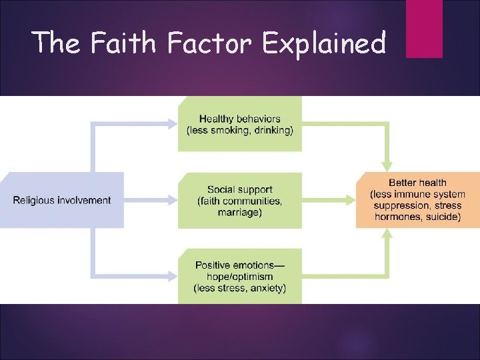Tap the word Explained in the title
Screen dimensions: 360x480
point(324,44)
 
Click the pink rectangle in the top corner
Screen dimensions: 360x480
point(424,28)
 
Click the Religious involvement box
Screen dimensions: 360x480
point(62,200)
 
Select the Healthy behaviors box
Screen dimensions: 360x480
point(239,124)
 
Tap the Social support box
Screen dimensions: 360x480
point(239,201)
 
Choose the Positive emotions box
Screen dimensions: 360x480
point(239,276)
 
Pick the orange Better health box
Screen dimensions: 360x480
point(417,200)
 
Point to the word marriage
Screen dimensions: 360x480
point(239,213)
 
